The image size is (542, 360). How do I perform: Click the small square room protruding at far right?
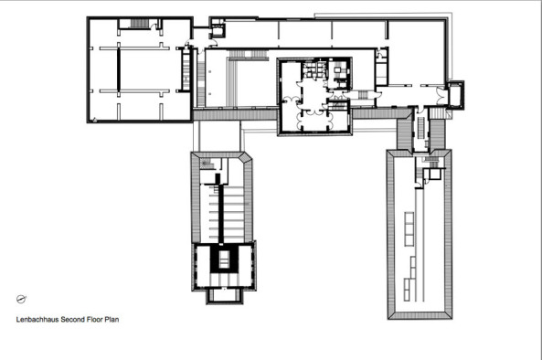pos(453,93)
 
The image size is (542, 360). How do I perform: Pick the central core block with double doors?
pos(314,96)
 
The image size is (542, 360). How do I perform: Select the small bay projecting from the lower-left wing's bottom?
pos(220,295)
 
